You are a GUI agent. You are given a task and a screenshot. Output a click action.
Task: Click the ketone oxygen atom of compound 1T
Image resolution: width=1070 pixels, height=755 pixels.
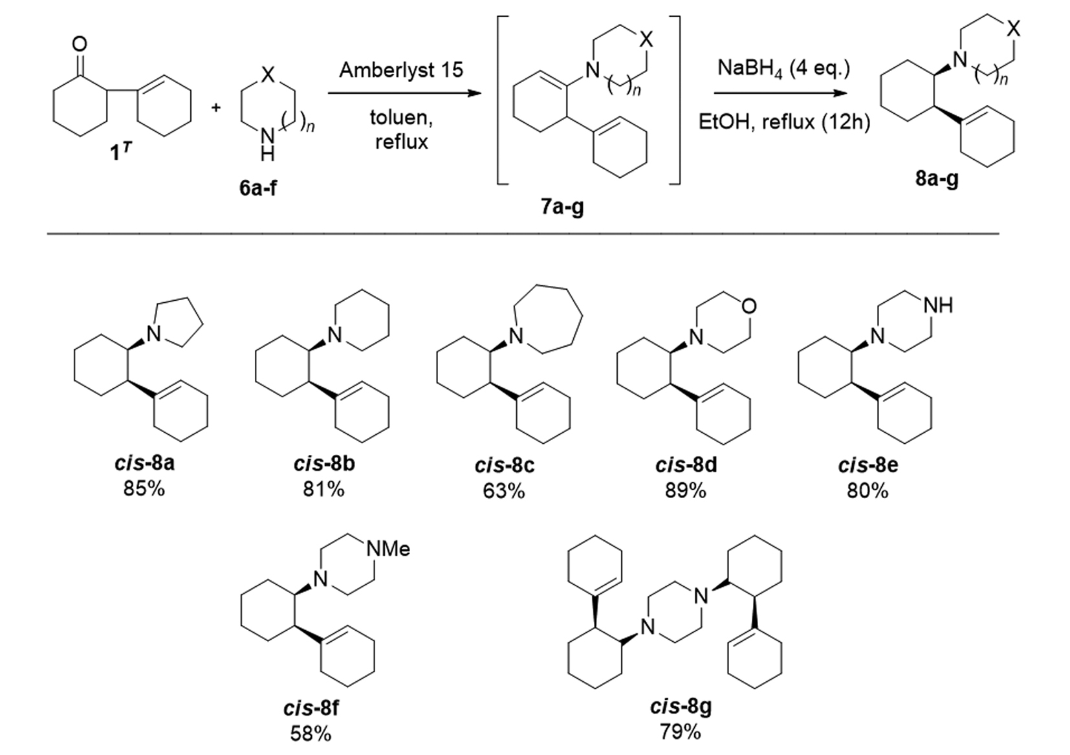pos(79,44)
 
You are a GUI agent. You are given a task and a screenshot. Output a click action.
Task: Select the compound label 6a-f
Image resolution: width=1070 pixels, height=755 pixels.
pos(257,188)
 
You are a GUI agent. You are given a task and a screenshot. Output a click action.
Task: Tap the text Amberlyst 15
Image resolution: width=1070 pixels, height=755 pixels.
pos(401,70)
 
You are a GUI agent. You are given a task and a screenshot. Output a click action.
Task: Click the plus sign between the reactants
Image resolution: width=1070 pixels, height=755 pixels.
pos(216,107)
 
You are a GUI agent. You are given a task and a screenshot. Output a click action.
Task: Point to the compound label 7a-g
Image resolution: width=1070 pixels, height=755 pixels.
pos(562,207)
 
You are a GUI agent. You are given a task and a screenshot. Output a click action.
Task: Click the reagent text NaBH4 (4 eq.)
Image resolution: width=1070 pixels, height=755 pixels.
pos(783,69)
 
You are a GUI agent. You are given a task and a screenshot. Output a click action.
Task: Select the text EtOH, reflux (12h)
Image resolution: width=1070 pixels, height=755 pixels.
pos(784,122)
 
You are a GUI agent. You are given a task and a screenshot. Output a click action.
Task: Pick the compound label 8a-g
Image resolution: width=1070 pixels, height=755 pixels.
pos(937,178)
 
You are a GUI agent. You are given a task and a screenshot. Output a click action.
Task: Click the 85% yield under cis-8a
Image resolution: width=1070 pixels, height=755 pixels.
pos(144,488)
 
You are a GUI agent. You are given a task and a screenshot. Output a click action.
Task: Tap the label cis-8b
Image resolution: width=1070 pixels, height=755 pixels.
pos(324,465)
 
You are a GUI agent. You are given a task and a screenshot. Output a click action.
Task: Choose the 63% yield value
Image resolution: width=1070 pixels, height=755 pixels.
pos(504,491)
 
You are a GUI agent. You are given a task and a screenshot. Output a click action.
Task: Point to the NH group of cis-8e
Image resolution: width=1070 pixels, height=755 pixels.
pos(938,305)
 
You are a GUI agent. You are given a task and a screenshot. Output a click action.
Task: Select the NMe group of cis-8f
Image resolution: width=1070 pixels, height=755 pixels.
pos(388,549)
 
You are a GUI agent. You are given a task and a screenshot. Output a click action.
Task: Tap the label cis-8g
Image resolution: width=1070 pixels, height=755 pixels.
pos(681,707)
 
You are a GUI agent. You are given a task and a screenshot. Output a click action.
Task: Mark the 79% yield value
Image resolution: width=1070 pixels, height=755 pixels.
pos(681,732)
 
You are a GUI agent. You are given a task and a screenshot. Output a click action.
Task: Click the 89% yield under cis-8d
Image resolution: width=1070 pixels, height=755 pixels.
pos(686,491)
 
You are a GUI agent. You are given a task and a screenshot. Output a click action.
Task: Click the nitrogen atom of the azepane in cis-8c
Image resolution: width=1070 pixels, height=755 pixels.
pos(516,336)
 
